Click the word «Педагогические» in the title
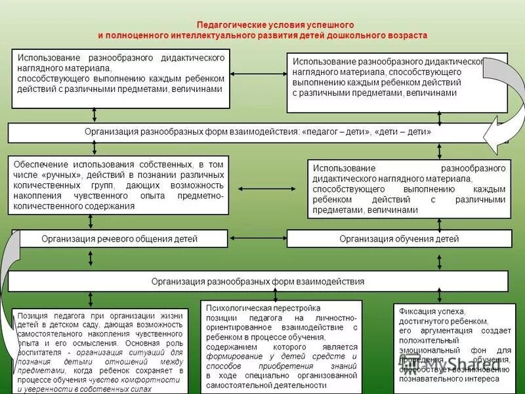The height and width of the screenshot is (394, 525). coord(226,24)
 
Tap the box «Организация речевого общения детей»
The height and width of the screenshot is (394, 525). coord(119,238)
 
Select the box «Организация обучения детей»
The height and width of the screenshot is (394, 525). coord(399,238)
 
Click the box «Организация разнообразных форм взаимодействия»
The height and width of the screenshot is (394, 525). coord(258,281)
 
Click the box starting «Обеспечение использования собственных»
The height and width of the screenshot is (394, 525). coord(119,185)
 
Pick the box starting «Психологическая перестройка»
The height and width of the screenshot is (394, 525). coord(282,345)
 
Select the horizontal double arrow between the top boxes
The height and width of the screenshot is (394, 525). coord(258,73)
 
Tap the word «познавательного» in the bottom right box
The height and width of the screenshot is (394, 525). coord(428,379)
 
